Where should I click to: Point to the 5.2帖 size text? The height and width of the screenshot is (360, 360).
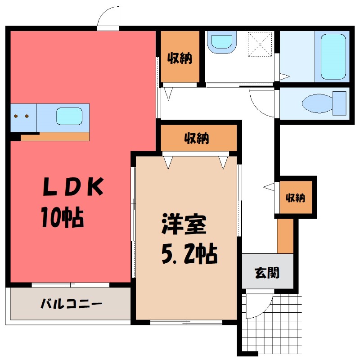[x=189, y=255]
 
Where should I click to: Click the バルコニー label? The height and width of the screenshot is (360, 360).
[x=72, y=303]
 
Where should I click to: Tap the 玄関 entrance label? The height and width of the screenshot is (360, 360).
[x=267, y=272]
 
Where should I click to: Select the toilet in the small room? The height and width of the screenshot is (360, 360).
[x=324, y=103]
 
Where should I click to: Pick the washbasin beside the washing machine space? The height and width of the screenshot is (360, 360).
[x=221, y=41]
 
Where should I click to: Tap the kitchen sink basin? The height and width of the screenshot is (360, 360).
[x=69, y=117]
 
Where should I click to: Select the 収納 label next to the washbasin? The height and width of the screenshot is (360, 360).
[x=180, y=58]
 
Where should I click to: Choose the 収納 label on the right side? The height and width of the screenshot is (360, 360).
[x=295, y=198]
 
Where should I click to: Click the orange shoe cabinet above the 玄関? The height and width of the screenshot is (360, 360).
[x=284, y=237]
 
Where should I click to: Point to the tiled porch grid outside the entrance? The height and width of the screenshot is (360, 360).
[x=279, y=324]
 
